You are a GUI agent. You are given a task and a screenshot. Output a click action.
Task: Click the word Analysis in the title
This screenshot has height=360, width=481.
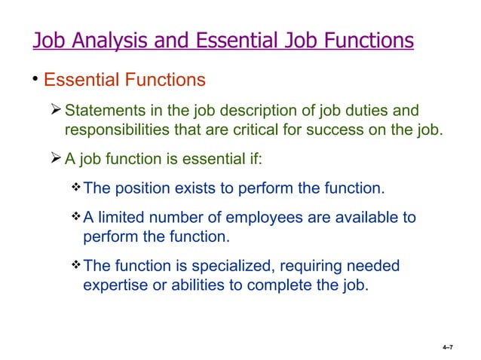click(x=108, y=39)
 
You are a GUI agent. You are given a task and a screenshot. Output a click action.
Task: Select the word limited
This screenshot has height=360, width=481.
click(x=120, y=218)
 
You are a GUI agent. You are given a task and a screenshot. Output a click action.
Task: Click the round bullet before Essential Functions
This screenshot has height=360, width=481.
click(x=35, y=78)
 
